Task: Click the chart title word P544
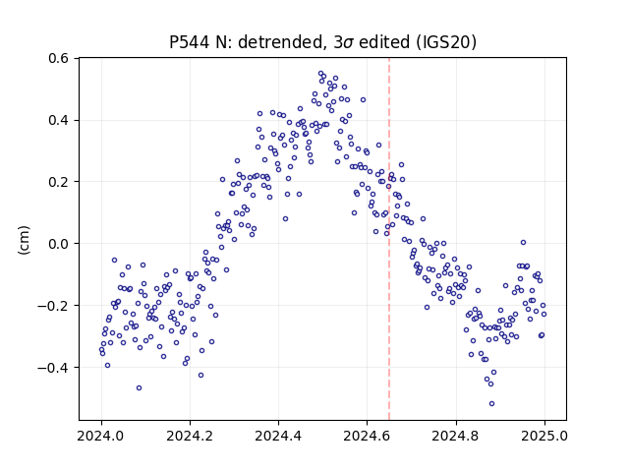pyautogui.click(x=189, y=42)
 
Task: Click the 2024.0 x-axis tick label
pyautogui.click(x=101, y=436)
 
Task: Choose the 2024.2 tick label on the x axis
pyautogui.click(x=190, y=436)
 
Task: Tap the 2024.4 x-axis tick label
pyautogui.click(x=278, y=436)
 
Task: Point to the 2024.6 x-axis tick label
pyautogui.click(x=367, y=436)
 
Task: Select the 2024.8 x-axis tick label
pyautogui.click(x=456, y=436)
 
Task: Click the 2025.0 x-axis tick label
pyautogui.click(x=544, y=436)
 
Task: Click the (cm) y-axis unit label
pyautogui.click(x=24, y=240)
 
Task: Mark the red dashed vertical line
pyautogui.click(x=389, y=239)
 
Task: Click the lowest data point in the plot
pyautogui.click(x=491, y=403)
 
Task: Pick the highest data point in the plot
pyautogui.click(x=321, y=74)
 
